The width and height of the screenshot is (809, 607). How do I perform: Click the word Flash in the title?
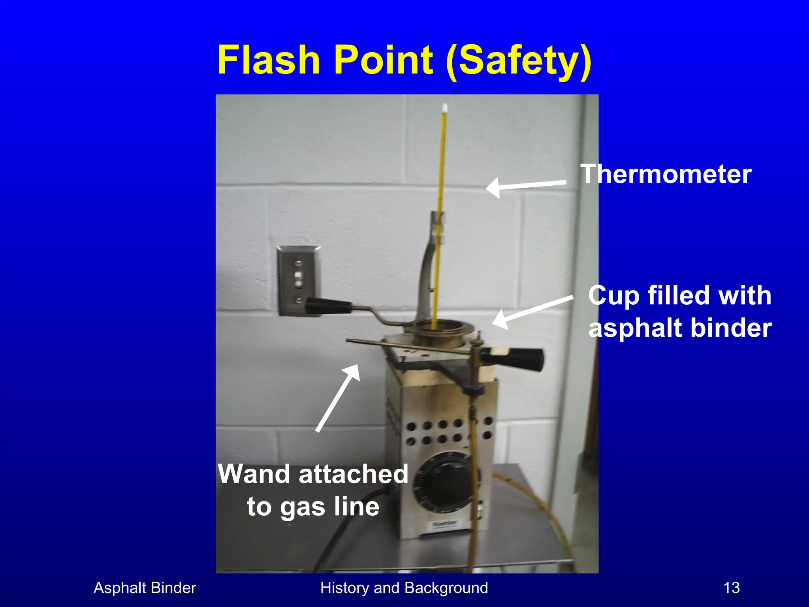point(268,60)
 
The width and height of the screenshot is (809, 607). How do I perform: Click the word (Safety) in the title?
point(518,61)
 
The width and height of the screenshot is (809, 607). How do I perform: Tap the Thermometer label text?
point(666,174)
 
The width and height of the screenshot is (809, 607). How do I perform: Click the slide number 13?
point(731,588)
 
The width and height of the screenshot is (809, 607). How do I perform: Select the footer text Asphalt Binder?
point(145,588)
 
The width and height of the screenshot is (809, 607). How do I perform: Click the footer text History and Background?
point(404,588)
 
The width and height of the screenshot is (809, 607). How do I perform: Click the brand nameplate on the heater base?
point(444,524)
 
